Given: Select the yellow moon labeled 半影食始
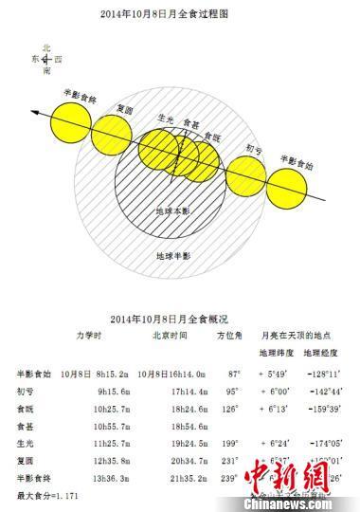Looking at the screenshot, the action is (291, 180).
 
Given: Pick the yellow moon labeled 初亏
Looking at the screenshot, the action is (245, 171).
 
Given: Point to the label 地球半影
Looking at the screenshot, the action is (173, 256).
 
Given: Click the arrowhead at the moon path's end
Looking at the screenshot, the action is (35, 113).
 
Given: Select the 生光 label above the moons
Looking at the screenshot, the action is (166, 119).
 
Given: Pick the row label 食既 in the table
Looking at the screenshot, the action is (27, 406).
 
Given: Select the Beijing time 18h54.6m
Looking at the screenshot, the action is (171, 424).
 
